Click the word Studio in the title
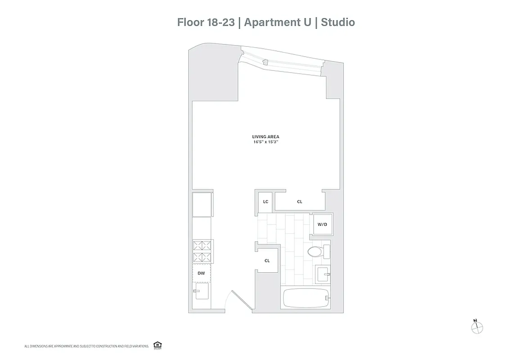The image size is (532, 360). (x=338, y=22)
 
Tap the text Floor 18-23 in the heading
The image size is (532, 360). (x=206, y=22)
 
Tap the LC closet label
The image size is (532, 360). (x=266, y=202)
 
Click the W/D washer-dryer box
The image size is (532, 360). (x=322, y=224)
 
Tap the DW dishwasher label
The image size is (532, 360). (x=201, y=273)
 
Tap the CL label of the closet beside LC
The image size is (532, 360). (x=299, y=202)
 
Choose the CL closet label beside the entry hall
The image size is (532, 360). (x=267, y=261)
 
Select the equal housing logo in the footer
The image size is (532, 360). (x=158, y=345)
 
